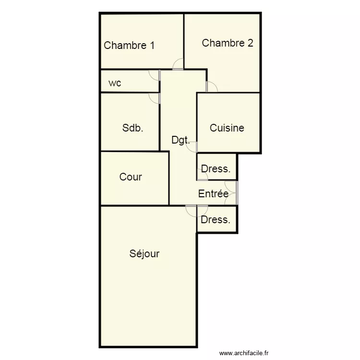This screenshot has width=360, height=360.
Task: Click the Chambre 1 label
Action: (129, 46)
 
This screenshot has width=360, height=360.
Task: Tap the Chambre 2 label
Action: (228, 43)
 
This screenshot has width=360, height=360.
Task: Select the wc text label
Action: (115, 83)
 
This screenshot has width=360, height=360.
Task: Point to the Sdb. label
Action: (133, 128)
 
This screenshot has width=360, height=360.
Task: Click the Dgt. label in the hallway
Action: (180, 141)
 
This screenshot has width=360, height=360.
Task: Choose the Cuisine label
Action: (227, 128)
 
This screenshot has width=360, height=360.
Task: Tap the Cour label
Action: (131, 177)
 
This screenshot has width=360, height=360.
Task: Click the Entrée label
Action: (213, 194)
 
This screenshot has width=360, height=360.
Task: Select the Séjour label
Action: (144, 253)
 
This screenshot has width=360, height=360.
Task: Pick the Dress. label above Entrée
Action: (216, 169)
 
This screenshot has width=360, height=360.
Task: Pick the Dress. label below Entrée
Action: (216, 220)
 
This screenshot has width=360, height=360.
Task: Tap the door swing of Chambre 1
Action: (178, 64)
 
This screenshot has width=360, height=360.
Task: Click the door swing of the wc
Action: (155, 75)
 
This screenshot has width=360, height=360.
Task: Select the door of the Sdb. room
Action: (155, 97)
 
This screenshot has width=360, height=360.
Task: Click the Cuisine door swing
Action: (192, 147)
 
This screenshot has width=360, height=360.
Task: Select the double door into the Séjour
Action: (197, 210)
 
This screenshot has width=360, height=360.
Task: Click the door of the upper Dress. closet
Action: (202, 176)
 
